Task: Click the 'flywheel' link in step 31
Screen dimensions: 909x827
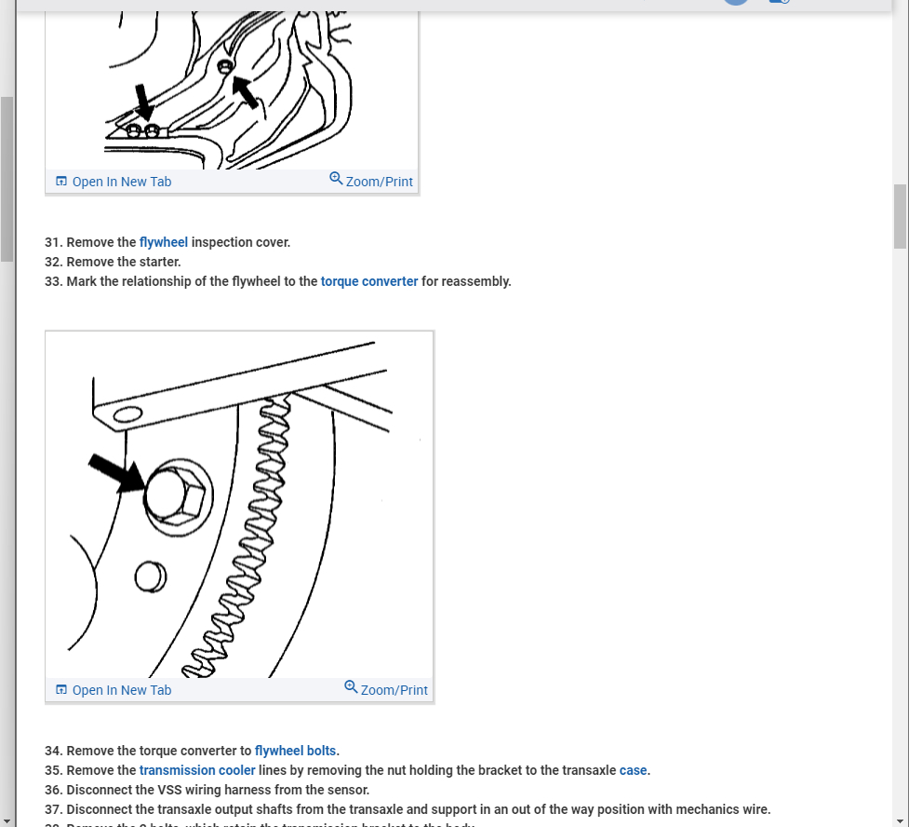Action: (164, 242)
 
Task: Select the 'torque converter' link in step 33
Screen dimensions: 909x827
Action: (369, 281)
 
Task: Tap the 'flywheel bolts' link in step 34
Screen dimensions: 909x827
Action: (296, 751)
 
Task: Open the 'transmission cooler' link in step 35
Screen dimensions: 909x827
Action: (197, 770)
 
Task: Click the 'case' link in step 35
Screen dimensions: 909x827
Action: (633, 770)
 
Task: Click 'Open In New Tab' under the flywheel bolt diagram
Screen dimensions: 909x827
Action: (114, 690)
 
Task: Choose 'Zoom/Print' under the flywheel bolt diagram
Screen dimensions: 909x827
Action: (386, 690)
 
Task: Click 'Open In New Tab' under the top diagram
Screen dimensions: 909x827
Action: (114, 182)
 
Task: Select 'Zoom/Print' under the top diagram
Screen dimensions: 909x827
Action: (371, 182)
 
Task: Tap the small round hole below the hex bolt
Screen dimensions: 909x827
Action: (149, 577)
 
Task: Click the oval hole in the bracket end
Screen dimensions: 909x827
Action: (127, 413)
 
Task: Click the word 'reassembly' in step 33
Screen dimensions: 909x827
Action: (475, 281)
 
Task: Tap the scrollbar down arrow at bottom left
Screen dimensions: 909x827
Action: (7, 820)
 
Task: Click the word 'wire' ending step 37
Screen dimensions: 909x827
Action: (755, 809)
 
